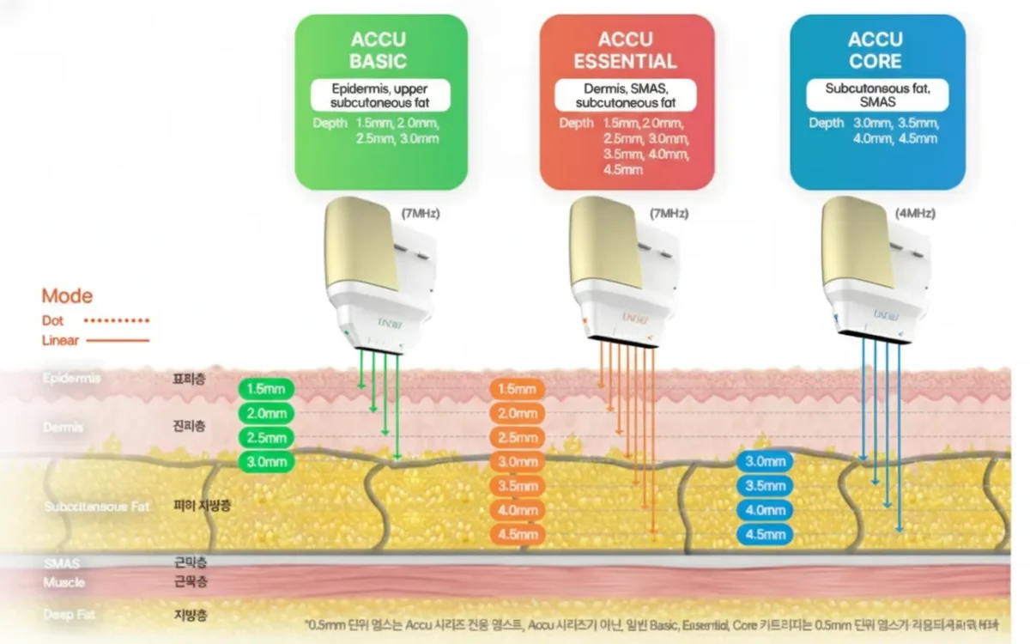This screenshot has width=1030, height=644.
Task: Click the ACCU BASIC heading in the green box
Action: [x=379, y=50]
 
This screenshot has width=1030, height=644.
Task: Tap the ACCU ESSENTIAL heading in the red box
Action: [x=625, y=50]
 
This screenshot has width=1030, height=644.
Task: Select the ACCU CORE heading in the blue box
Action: [x=875, y=50]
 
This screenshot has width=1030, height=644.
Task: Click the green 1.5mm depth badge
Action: [x=266, y=389]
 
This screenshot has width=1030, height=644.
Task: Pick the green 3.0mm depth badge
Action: [x=266, y=462]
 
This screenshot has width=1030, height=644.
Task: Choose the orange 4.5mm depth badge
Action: [x=518, y=535]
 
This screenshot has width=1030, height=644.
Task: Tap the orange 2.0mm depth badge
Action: [x=518, y=413]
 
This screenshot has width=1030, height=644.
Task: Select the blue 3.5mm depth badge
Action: [x=766, y=486]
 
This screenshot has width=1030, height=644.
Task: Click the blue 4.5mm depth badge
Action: [x=766, y=535]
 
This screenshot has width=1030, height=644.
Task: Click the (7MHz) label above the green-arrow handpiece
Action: [x=421, y=213]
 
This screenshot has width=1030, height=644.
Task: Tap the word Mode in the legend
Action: [x=68, y=297]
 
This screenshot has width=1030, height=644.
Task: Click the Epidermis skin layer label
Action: [x=71, y=378]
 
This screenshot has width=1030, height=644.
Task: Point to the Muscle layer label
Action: [x=64, y=583]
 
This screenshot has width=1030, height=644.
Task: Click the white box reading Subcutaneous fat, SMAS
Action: [x=877, y=94]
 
